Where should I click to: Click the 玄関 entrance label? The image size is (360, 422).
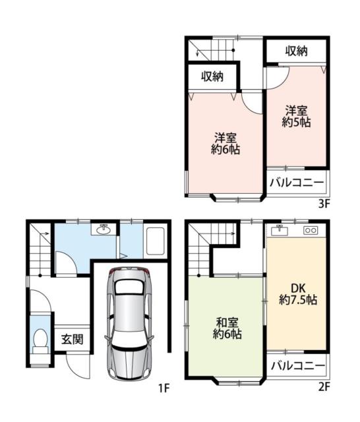(x=73, y=340)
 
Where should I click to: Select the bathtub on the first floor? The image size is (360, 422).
(x=155, y=241)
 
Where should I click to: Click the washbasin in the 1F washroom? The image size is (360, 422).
(x=104, y=229)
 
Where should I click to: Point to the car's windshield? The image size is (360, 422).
(x=129, y=287)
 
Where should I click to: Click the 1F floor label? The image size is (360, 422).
(x=164, y=388)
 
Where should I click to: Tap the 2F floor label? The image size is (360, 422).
(x=324, y=387)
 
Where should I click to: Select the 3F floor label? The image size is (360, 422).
(x=324, y=204)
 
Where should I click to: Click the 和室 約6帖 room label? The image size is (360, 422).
(x=227, y=328)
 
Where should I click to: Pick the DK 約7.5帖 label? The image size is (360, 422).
(x=298, y=294)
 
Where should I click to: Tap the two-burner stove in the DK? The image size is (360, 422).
(x=311, y=230)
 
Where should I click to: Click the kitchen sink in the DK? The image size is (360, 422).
(x=280, y=230)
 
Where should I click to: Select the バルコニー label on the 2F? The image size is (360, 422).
(x=298, y=366)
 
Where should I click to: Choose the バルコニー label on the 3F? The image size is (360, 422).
(x=297, y=183)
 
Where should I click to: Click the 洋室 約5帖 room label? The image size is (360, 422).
(x=296, y=117)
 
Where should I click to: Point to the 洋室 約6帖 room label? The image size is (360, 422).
(x=225, y=144)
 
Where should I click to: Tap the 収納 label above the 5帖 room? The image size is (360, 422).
(x=296, y=51)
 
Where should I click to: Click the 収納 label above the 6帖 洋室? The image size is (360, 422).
(x=212, y=76)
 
